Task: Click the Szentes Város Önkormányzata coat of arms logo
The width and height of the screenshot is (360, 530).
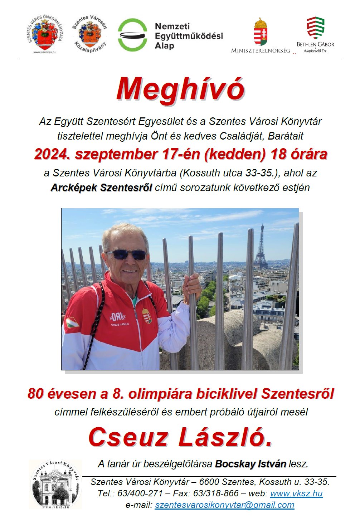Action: click(x=45, y=34)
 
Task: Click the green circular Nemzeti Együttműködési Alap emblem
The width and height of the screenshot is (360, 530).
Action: click(x=133, y=35)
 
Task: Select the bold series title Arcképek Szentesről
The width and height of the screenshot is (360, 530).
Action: click(x=101, y=188)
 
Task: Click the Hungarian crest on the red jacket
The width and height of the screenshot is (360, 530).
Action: click(x=147, y=315)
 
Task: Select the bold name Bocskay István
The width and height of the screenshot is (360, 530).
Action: click(x=250, y=464)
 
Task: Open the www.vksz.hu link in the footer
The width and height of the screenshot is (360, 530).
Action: click(x=296, y=493)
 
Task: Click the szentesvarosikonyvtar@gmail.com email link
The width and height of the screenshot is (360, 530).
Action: click(x=224, y=505)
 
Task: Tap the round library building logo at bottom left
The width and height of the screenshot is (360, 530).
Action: click(x=55, y=484)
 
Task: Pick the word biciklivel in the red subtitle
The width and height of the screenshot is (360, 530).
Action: click(x=227, y=394)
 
